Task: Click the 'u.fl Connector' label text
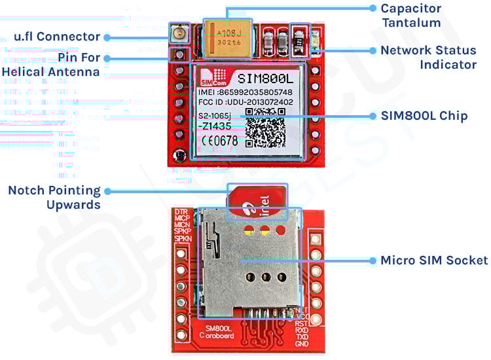[x=57, y=37]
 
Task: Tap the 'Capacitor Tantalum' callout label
[x=410, y=16]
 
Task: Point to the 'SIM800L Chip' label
[x=424, y=116]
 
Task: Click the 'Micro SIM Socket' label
[x=433, y=260]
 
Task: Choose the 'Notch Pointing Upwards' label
[x=54, y=197]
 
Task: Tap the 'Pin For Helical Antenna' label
[x=52, y=64]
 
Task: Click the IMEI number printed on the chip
[x=245, y=92]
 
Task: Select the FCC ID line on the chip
[x=245, y=103]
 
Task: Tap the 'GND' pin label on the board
[x=302, y=344]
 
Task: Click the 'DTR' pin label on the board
[x=181, y=212]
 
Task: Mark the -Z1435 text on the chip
[x=217, y=126]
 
